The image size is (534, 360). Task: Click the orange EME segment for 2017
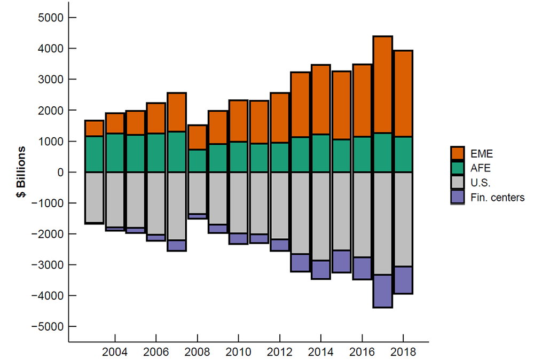(x=383, y=85)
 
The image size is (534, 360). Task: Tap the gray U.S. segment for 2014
(x=320, y=216)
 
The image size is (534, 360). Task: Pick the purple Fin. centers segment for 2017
(x=383, y=291)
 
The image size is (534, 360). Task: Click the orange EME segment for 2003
(x=94, y=128)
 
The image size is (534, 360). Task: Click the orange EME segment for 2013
(x=300, y=105)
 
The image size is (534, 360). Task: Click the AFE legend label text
(x=478, y=168)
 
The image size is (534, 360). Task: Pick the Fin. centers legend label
(x=498, y=198)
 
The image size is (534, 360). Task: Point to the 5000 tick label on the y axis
(x=51, y=18)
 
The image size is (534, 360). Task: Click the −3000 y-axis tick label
(x=49, y=265)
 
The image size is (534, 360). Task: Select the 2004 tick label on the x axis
(x=115, y=353)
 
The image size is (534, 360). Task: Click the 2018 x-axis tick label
(x=403, y=353)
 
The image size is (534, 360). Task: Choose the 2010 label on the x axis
(x=238, y=353)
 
